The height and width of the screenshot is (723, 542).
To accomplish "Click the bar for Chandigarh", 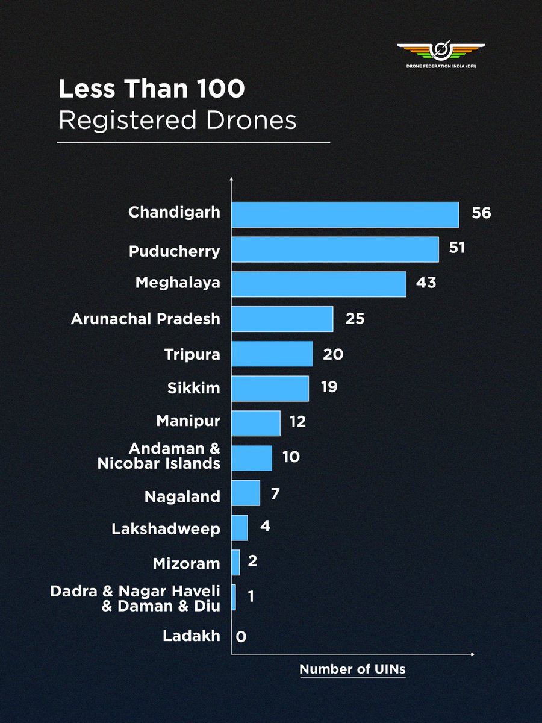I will coord(345,214).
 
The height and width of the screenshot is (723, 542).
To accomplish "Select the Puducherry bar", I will coord(335,249).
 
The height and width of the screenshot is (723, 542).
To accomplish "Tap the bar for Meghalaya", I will coord(319,284).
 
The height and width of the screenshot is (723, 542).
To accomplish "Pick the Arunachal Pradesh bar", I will coord(282,319).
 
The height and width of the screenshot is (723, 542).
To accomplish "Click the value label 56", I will coord(482,213).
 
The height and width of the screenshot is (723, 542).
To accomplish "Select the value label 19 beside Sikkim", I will coord(329,387).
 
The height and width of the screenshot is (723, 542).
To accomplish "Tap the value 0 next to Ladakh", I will coord(241,637).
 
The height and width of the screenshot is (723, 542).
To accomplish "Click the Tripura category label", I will coord(192,355).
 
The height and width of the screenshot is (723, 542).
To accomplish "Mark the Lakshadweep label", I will coord(166,530).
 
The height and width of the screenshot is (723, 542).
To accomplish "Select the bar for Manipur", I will coord(256,423).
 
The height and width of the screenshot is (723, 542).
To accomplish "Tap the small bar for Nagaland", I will coord(246,493).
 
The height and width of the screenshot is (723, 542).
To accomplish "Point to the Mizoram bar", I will coord(235,562).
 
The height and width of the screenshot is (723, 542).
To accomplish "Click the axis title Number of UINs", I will coord(352,669).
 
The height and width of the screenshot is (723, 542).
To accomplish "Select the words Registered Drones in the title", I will coord(178,120).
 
